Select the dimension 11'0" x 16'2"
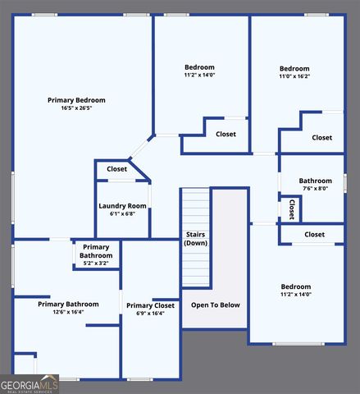coord(294,76)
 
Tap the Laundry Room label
coord(122,205)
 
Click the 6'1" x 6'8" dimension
coord(122,213)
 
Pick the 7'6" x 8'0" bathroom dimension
coord(315,189)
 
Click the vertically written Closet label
coord(291,209)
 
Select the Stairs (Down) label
coord(195,239)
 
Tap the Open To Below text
coord(216,305)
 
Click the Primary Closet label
coord(150,305)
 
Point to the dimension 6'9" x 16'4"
coord(150,314)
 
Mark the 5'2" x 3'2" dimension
coord(96,264)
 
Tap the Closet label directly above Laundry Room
coord(116,169)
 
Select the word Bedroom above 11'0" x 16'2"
coord(294,68)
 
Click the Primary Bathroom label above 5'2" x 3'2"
coord(96,251)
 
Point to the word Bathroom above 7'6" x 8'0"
coord(315,181)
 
